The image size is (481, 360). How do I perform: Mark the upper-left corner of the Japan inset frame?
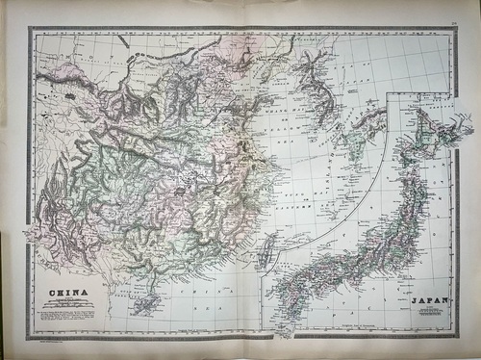click(x=386, y=94)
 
